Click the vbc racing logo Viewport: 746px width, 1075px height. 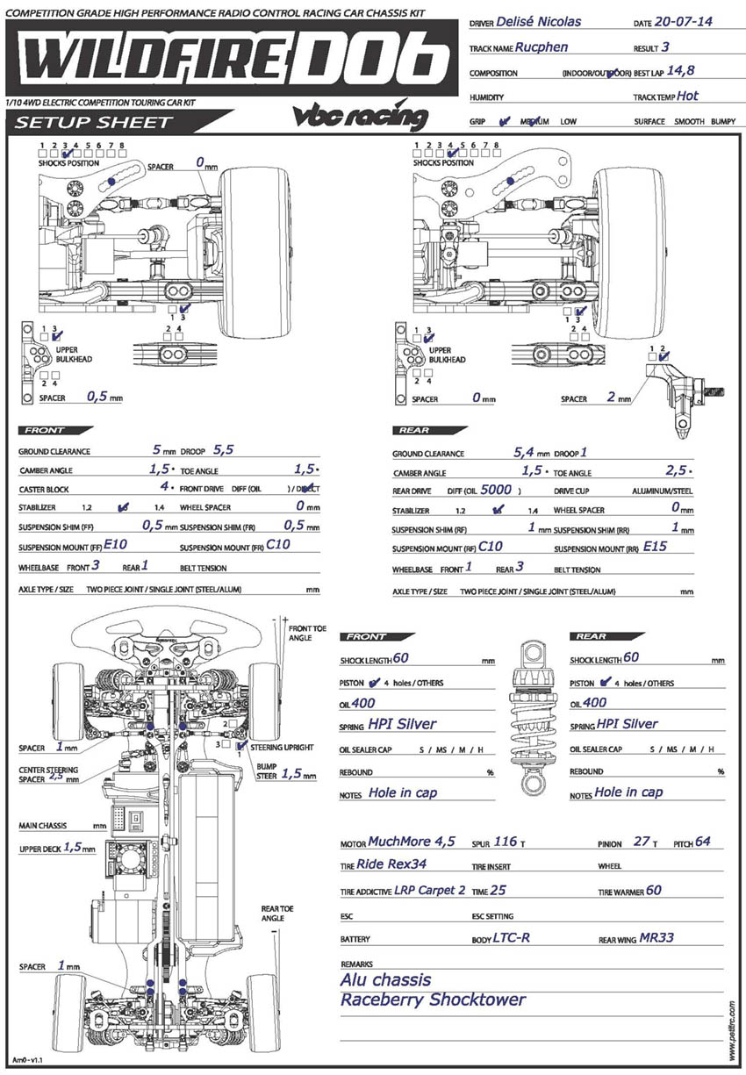click(x=360, y=117)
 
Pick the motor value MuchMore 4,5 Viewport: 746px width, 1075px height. click(x=412, y=842)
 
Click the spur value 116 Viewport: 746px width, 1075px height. click(x=506, y=842)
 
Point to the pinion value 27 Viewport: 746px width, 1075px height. click(x=642, y=842)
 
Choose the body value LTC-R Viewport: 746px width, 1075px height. click(x=512, y=937)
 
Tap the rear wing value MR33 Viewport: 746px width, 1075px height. click(x=656, y=937)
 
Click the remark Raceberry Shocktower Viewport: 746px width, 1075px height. click(x=433, y=1000)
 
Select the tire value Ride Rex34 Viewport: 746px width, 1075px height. click(x=391, y=864)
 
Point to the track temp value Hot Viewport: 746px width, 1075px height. click(x=688, y=96)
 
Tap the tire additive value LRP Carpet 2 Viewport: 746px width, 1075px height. click(x=431, y=890)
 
